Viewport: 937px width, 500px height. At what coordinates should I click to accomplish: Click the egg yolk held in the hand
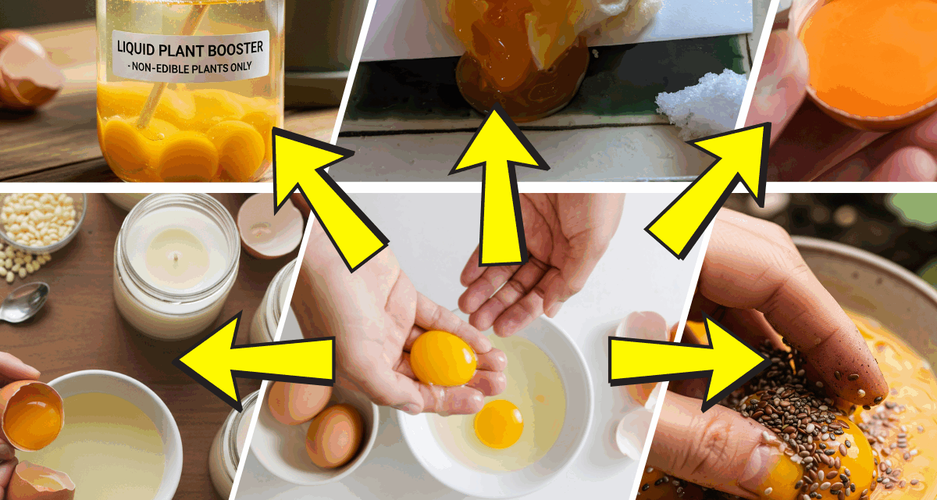443,359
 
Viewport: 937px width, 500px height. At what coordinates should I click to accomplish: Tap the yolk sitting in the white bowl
498,423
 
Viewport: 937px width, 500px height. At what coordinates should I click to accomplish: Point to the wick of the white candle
175,258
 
